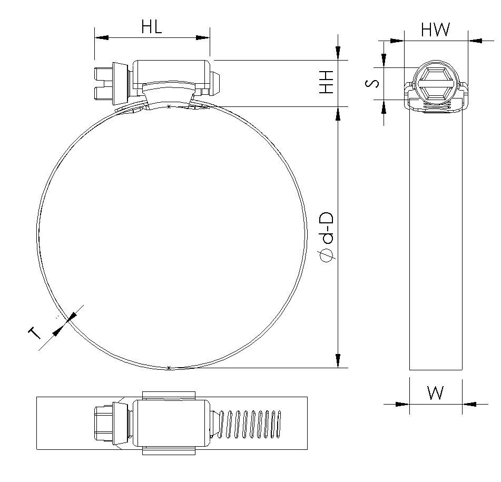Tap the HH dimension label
[327, 82]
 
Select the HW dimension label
[435, 29]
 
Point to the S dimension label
[372, 83]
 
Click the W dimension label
[435, 392]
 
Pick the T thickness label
[35, 333]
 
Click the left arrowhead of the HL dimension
[102, 38]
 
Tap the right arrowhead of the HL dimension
[203, 38]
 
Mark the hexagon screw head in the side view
[436, 83]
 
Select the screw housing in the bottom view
[172, 423]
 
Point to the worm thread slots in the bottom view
[249, 424]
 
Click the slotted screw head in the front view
[104, 83]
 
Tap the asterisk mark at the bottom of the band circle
[169, 368]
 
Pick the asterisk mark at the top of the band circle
[169, 107]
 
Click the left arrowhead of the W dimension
[402, 405]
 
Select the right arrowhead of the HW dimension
[475, 41]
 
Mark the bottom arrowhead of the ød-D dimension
[338, 361]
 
